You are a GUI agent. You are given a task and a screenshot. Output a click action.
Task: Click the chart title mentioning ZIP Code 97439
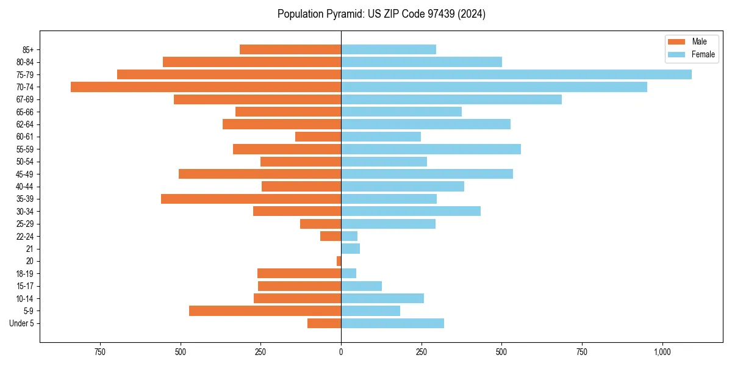(x=381, y=14)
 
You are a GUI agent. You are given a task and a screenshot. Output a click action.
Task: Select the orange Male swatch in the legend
(x=676, y=41)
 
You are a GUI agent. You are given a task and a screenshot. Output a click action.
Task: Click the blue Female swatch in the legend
(x=676, y=54)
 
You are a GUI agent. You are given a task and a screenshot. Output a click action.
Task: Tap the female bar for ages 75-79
(x=516, y=74)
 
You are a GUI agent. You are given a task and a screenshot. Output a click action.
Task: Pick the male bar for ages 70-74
(x=206, y=87)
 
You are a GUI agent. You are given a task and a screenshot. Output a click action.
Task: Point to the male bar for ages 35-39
(x=251, y=199)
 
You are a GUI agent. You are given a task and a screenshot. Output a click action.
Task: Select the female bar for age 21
(x=350, y=248)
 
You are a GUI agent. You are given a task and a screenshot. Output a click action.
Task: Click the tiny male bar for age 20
(x=339, y=261)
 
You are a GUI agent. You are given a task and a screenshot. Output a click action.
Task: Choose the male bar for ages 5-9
(x=265, y=310)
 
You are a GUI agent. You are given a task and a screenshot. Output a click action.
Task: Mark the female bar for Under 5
(x=392, y=323)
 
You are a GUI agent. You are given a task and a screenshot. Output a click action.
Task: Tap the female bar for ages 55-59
(x=431, y=149)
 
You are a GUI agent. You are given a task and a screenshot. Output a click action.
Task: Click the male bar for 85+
(x=290, y=49)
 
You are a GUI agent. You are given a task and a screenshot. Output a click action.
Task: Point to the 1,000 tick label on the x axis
(x=662, y=352)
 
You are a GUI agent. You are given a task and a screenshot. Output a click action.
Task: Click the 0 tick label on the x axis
(x=341, y=352)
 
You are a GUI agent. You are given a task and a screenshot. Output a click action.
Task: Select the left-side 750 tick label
(x=100, y=352)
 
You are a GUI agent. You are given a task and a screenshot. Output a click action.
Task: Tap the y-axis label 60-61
(x=25, y=137)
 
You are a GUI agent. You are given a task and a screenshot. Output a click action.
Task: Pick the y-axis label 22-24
(x=25, y=236)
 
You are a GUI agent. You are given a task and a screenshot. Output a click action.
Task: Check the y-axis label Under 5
(x=22, y=323)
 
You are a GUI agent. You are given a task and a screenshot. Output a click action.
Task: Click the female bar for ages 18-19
(x=348, y=273)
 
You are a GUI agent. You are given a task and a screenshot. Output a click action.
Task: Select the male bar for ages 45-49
(x=260, y=174)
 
